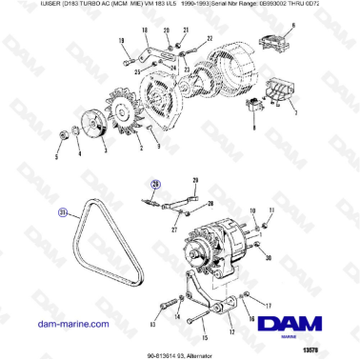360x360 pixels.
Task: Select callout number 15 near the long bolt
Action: (203, 337)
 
